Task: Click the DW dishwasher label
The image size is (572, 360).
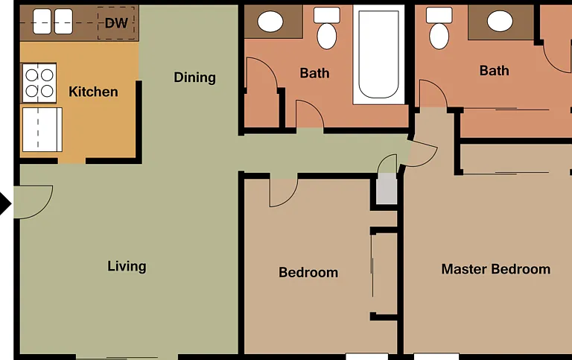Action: coord(116,23)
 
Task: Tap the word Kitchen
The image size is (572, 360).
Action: coord(93,92)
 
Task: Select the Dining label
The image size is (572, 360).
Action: coord(194,78)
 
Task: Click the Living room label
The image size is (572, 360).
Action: coord(127,266)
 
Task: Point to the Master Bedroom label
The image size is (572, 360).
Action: coord(496,269)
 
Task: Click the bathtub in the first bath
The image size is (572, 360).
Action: coord(378,54)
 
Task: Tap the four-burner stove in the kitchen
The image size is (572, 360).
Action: coord(39,83)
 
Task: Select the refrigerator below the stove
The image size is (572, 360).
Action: coord(42,130)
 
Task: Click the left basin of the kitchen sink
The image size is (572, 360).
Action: coord(42,22)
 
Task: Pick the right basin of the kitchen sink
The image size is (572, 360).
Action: coord(63,22)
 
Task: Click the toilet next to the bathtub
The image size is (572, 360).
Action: coord(327,28)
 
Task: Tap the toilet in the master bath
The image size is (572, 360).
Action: coord(439,28)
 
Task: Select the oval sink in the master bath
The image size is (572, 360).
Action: coord(500,21)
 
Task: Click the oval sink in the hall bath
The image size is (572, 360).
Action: coord(270,21)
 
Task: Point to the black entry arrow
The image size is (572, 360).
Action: coord(5,203)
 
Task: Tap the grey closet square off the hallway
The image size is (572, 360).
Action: coord(387,189)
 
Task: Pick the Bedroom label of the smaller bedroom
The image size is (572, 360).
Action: coord(308,273)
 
